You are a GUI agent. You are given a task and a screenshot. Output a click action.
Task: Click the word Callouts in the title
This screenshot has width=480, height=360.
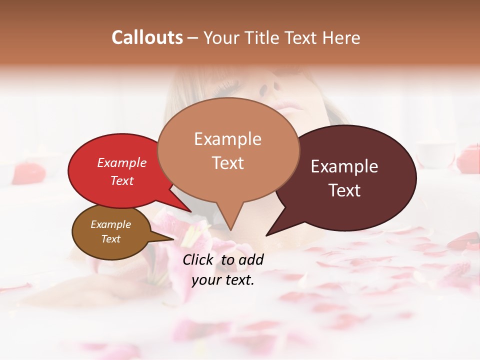tap(147, 37)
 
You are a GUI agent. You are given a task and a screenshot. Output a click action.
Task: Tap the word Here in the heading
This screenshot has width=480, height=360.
tap(342, 37)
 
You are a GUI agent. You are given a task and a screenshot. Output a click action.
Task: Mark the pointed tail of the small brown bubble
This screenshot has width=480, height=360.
tap(173, 238)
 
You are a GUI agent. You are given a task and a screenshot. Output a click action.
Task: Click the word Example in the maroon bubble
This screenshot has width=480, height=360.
tap(344, 166)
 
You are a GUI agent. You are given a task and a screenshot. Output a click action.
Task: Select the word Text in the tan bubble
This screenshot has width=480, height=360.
tap(228, 163)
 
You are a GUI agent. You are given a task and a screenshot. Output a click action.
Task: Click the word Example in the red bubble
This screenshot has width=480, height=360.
tap(122, 163)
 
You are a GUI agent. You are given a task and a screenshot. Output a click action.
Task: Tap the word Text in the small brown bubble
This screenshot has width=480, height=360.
tap(110, 239)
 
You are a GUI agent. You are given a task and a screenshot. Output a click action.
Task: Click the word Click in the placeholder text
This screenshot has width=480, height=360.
tap(199, 259)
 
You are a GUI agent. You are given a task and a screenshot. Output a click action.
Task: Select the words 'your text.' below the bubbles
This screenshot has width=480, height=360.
tap(223, 280)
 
